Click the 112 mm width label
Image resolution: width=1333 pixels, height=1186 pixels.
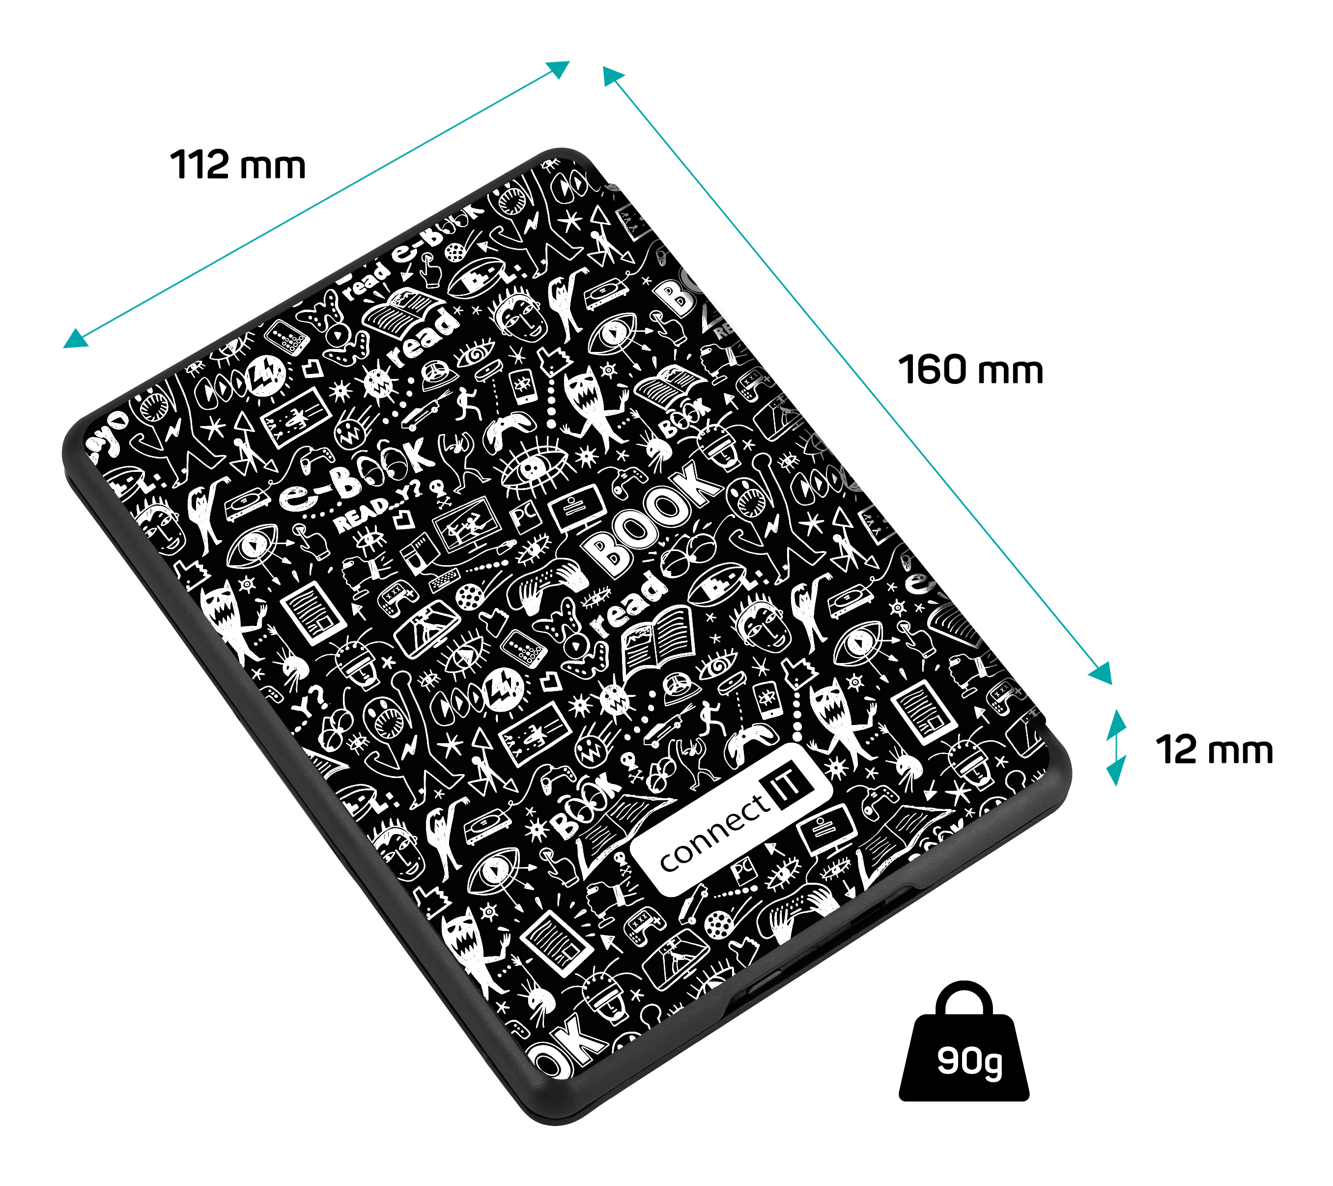coord(237,165)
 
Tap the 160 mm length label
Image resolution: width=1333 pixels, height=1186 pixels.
coord(970,370)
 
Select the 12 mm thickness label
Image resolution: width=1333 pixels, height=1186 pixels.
coord(1214,750)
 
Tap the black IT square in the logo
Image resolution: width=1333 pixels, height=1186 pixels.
coord(789,783)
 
